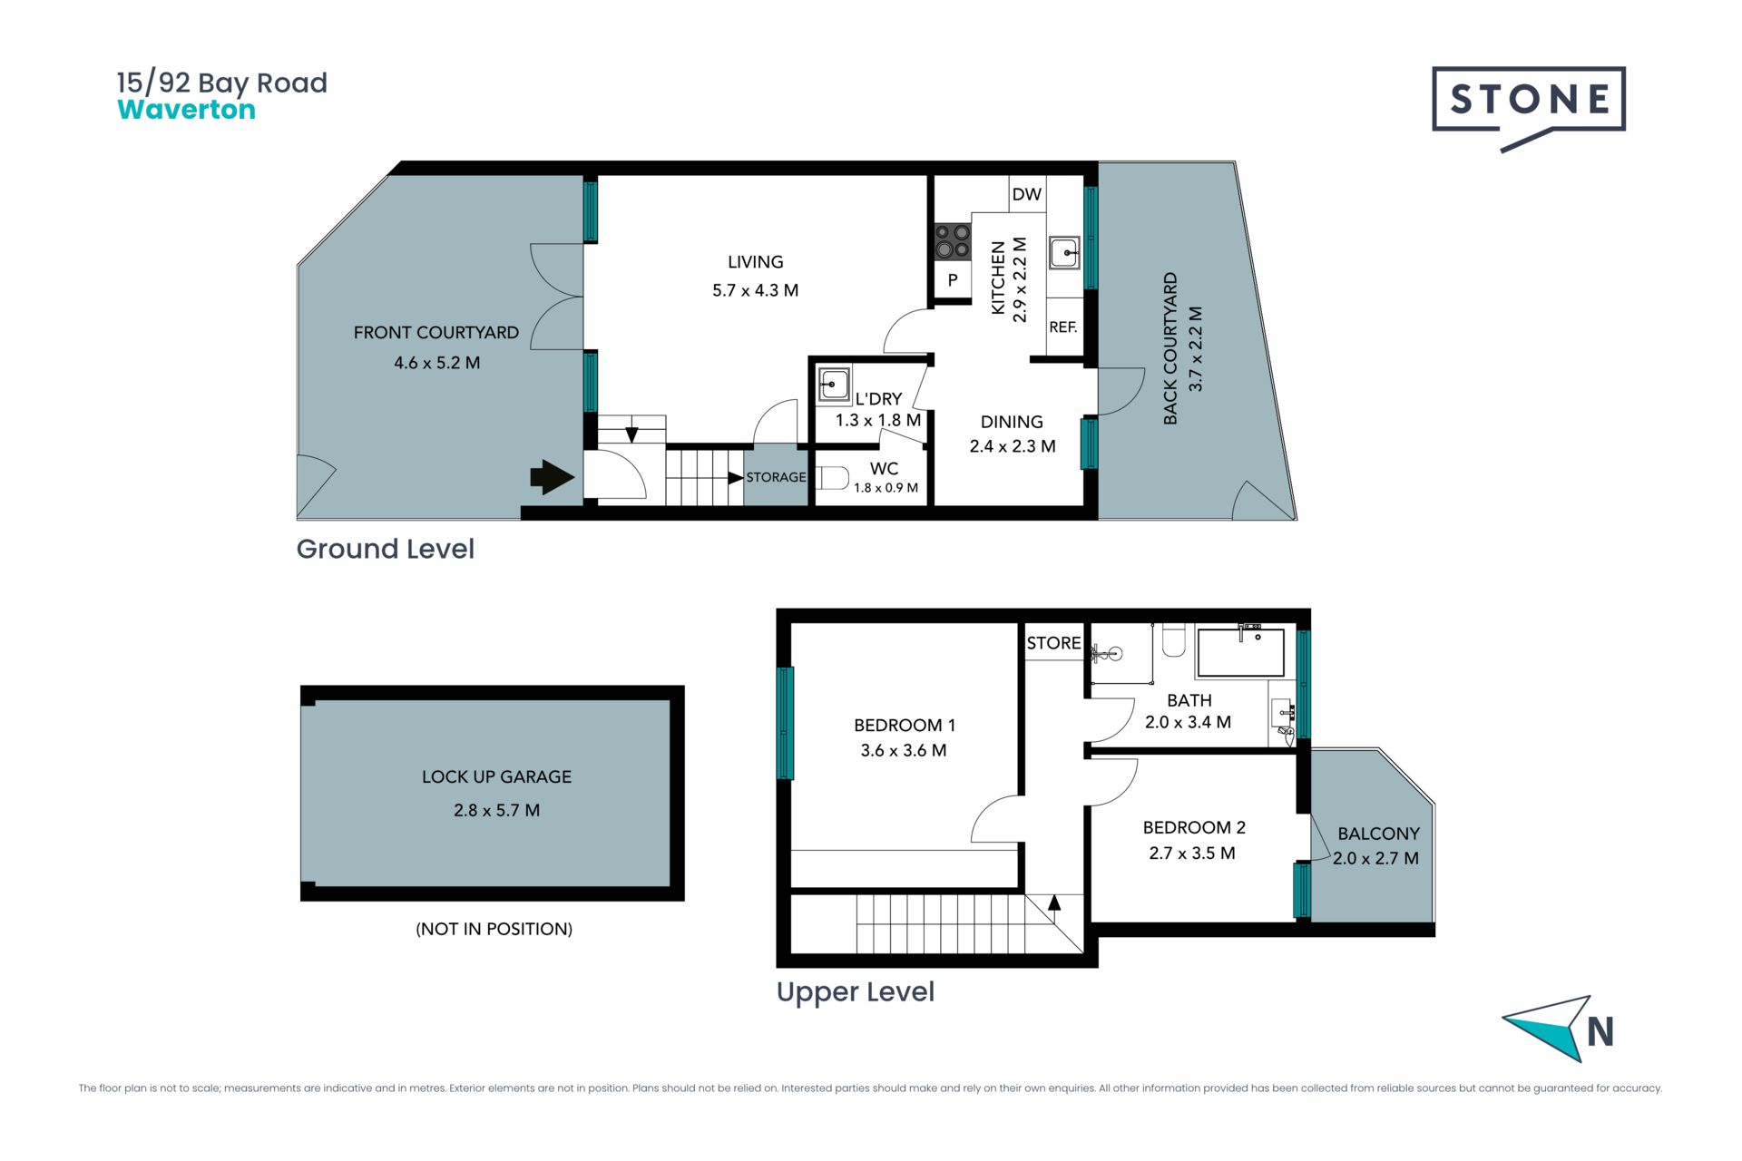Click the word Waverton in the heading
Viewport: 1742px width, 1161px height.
click(x=186, y=110)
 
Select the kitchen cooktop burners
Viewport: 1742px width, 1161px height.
click(x=953, y=242)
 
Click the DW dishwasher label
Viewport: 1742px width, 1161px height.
click(x=1026, y=194)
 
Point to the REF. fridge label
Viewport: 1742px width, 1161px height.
click(x=1063, y=327)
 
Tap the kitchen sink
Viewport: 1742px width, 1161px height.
click(x=1064, y=252)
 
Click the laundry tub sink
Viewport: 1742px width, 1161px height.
click(x=833, y=384)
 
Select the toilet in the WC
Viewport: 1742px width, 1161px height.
click(x=832, y=478)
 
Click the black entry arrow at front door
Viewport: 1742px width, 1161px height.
click(x=552, y=477)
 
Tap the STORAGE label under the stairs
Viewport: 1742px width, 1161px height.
click(x=776, y=477)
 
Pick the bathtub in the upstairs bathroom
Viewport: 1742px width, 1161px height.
click(x=1240, y=651)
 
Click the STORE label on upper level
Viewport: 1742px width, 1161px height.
click(x=1053, y=643)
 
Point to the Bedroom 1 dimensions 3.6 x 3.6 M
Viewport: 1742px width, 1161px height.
click(x=904, y=751)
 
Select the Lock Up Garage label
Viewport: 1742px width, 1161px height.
click(x=496, y=777)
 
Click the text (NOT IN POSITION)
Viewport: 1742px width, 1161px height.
click(x=494, y=929)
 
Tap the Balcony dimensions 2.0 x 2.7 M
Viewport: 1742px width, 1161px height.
click(x=1375, y=858)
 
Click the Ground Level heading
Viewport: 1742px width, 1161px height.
click(x=385, y=549)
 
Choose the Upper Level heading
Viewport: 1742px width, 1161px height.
click(x=855, y=992)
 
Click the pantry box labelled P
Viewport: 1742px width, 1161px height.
click(x=953, y=280)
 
